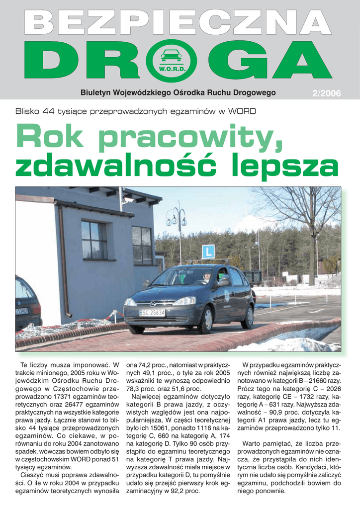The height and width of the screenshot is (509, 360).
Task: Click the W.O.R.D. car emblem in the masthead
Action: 172,60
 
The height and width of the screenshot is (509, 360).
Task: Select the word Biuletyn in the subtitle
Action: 96,92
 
